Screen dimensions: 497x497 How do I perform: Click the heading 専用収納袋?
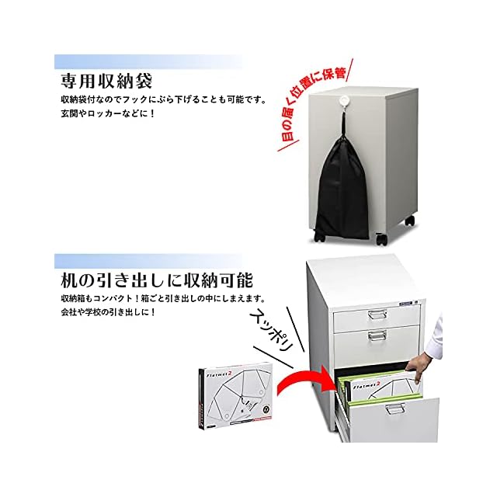point(106,81)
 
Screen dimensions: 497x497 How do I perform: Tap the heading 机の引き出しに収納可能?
point(158,279)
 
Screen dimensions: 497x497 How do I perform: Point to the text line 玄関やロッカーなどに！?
point(108,114)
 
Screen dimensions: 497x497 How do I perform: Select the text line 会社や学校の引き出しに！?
point(108,313)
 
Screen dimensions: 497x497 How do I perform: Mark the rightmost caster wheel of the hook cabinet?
point(409,221)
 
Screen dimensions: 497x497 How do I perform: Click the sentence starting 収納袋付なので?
point(162,100)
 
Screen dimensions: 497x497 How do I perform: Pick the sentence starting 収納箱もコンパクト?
point(162,299)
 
